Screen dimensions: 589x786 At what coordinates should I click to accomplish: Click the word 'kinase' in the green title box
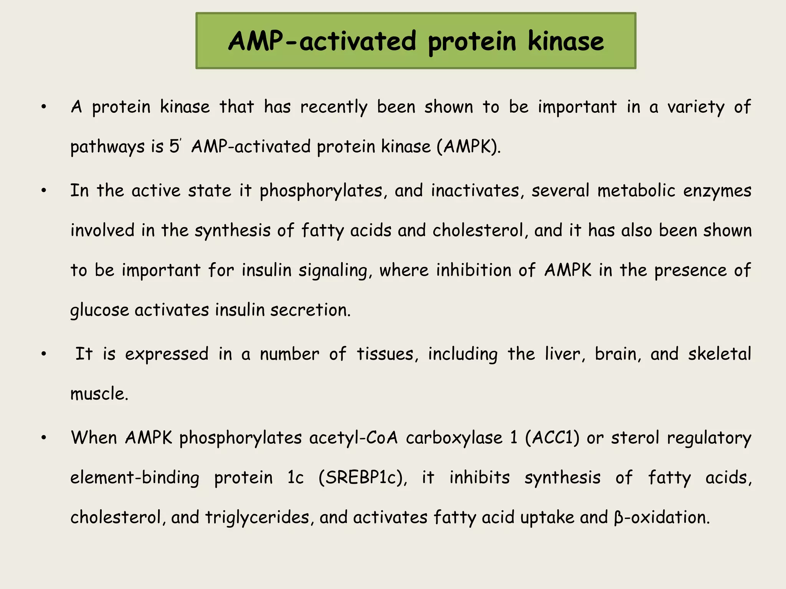pos(565,41)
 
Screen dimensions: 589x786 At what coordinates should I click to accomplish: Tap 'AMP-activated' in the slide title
pos(322,41)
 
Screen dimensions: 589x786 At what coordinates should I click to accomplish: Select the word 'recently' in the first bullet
pos(334,107)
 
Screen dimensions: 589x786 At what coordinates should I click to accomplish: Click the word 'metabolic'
pos(636,191)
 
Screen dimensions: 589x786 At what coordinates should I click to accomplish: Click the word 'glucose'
pos(100,310)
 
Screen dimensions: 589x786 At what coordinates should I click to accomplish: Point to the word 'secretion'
pos(310,310)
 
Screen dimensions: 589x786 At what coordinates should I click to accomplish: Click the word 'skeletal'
pos(719,354)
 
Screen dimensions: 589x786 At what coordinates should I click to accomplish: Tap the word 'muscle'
pos(99,394)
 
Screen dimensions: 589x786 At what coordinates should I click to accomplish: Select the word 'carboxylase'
pos(454,438)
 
